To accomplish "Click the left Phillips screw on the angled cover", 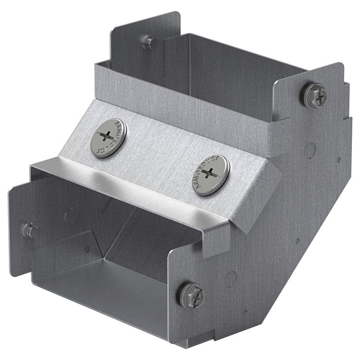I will click(x=107, y=136).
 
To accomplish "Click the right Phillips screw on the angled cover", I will click(x=210, y=175).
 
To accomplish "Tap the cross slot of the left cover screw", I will click(x=106, y=136).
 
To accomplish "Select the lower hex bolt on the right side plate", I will click(x=191, y=294).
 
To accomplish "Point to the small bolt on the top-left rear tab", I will click(x=149, y=42).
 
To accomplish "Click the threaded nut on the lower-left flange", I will click(x=29, y=230).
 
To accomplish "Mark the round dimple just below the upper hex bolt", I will click(x=309, y=150).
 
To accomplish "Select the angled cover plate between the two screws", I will click(x=159, y=154).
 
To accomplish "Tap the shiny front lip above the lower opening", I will click(x=129, y=183).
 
